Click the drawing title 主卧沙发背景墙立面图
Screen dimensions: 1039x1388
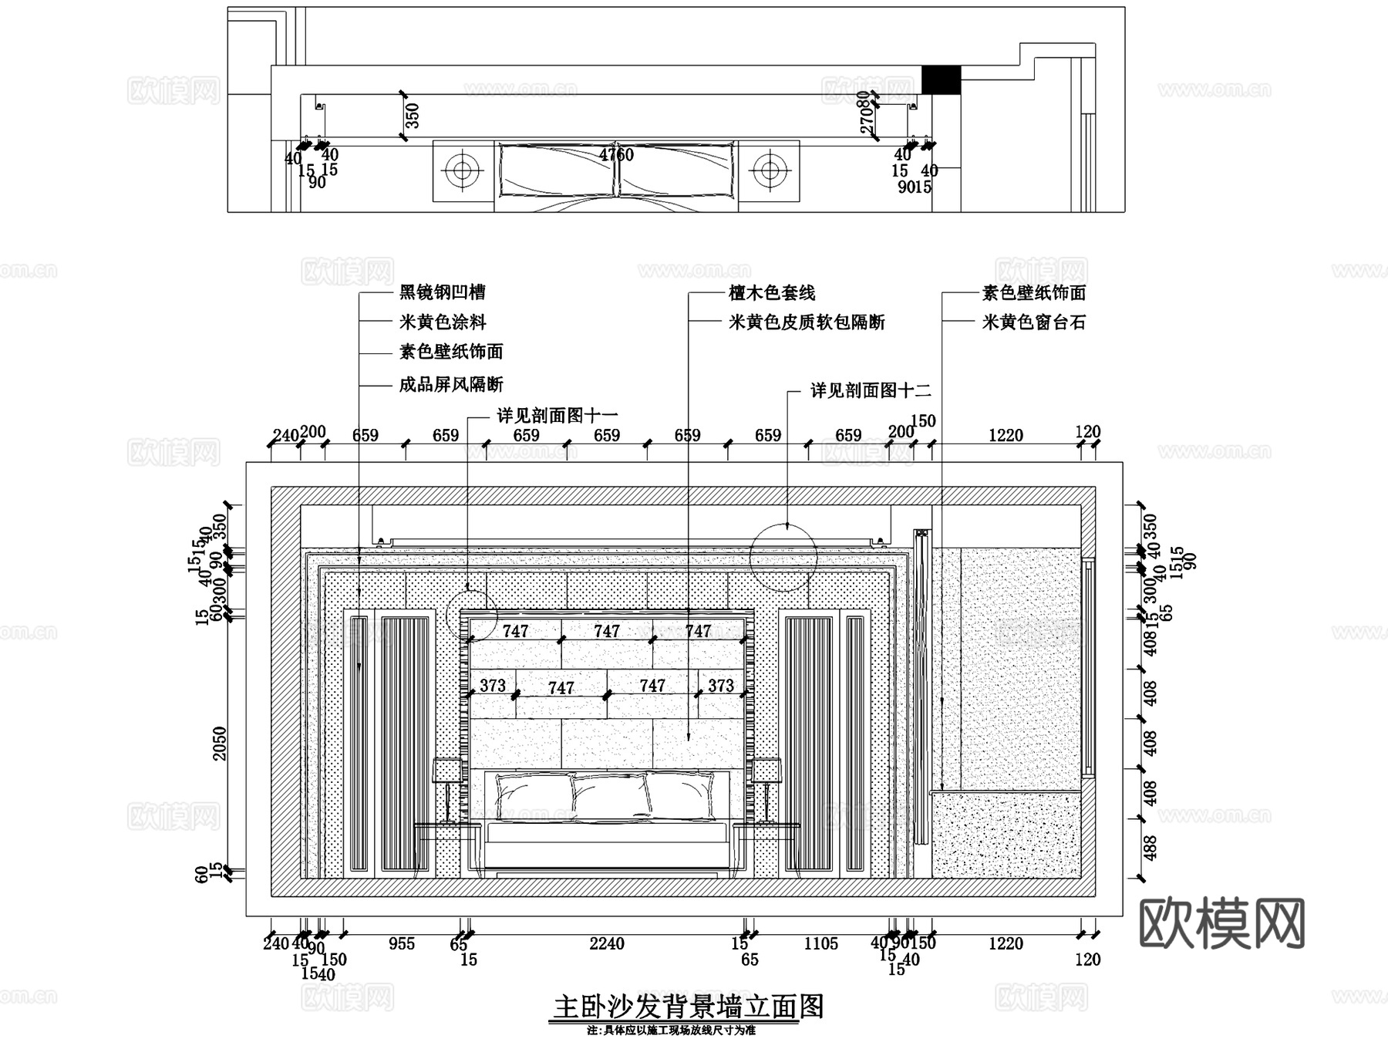689,1007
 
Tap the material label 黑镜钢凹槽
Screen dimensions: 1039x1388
442,292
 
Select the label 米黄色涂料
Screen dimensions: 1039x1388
442,322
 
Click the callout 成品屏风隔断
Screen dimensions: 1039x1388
450,384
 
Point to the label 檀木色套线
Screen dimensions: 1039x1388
771,293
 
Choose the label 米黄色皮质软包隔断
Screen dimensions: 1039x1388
807,322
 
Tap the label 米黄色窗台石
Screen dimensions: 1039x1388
1033,322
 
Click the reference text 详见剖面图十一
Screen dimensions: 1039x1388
557,416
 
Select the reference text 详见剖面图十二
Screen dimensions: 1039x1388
870,390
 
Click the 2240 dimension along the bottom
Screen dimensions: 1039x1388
606,943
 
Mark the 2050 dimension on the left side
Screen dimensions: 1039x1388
221,743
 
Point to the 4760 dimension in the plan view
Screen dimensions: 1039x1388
616,155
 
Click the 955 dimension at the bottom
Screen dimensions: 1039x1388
401,943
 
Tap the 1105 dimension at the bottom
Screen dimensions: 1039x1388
820,943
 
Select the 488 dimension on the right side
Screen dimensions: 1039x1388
1150,848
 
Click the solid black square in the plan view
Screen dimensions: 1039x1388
941,80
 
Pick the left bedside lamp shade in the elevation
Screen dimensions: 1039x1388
446,770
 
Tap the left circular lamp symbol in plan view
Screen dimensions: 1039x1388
463,170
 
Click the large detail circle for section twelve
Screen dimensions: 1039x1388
783,557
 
